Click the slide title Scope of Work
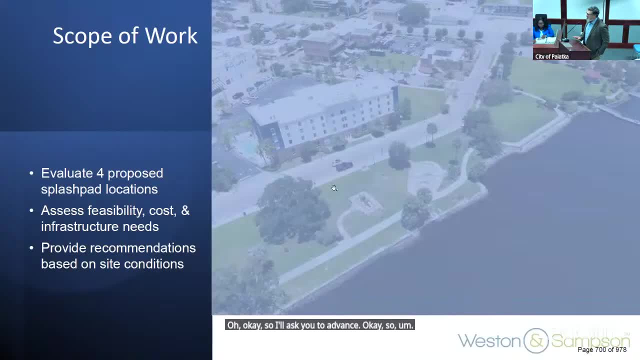click(125, 36)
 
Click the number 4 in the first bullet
click(100, 173)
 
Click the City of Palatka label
click(551, 56)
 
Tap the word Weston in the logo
click(489, 341)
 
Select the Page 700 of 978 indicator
click(601, 350)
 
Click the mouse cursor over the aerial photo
click(333, 188)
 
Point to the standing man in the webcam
click(595, 32)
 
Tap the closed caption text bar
click(320, 325)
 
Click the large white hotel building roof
click(320, 102)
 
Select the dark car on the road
click(344, 166)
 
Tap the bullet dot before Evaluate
click(31, 173)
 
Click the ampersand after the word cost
click(185, 210)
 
